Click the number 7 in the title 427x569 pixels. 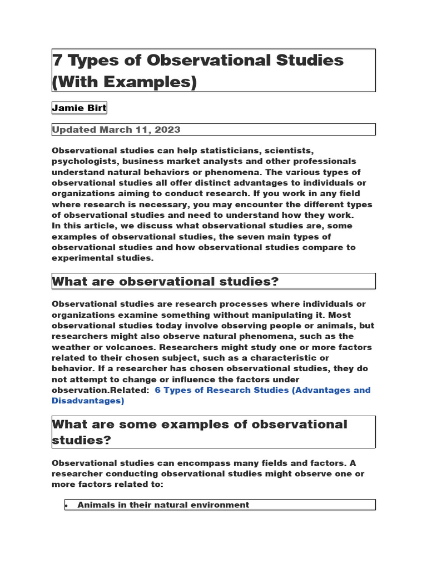(x=57, y=60)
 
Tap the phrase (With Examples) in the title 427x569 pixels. (x=125, y=82)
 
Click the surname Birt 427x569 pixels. (x=96, y=108)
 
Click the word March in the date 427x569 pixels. (x=116, y=129)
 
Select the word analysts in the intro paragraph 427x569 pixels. (x=206, y=161)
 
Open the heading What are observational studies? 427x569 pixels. (x=165, y=282)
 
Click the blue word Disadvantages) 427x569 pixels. (x=88, y=401)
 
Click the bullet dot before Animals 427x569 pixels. (x=67, y=505)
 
